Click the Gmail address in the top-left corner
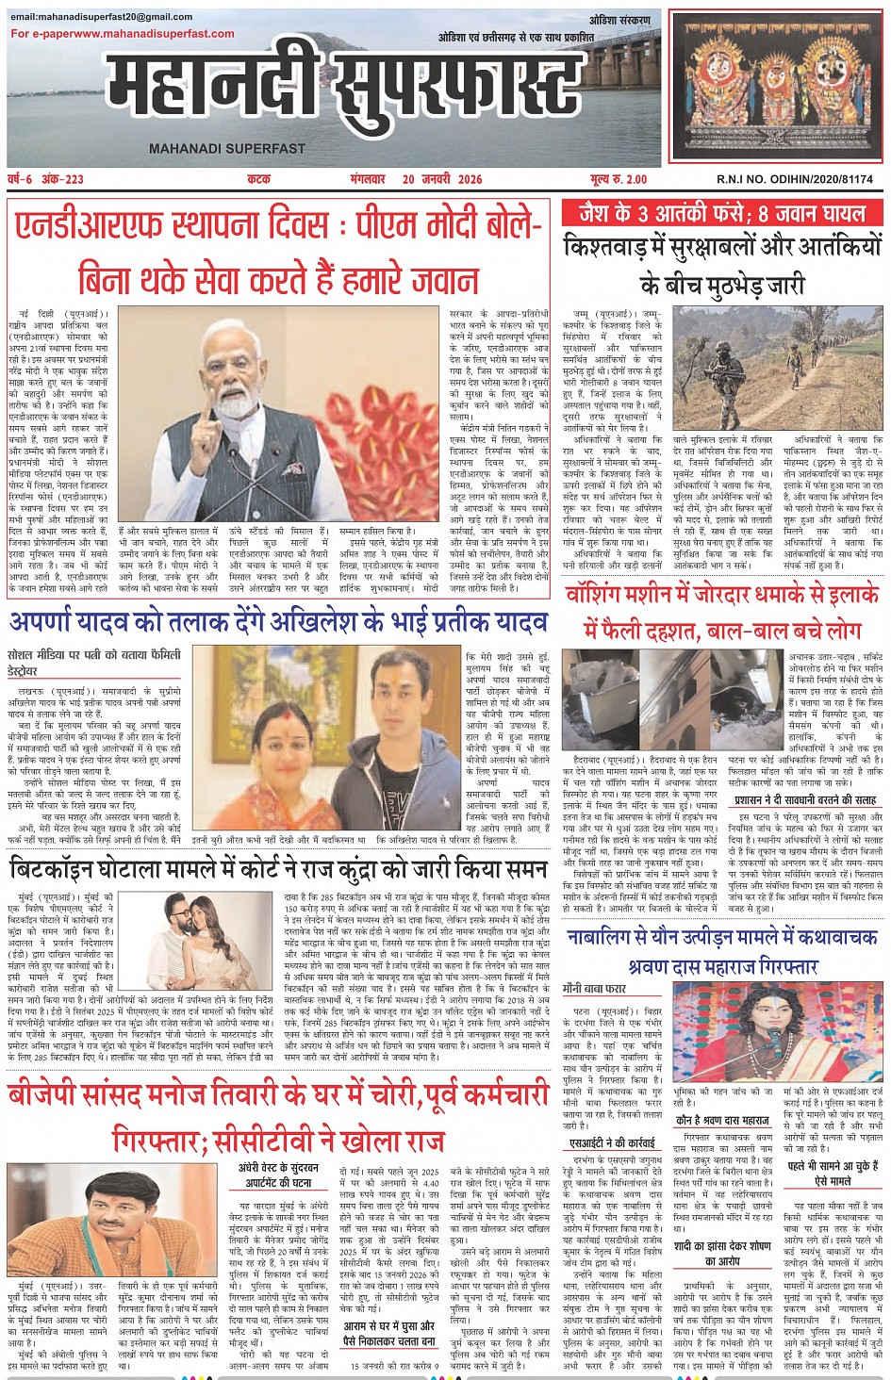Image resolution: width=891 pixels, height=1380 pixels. pyautogui.click(x=102, y=17)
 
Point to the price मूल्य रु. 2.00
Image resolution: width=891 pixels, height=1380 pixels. pyautogui.click(x=619, y=179)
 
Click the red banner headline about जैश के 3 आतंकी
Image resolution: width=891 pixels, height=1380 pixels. pyautogui.click(x=722, y=213)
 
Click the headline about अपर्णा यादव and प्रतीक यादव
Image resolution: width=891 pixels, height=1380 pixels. pyautogui.click(x=278, y=622)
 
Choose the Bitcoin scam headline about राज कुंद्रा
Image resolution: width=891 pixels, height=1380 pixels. pyautogui.click(x=277, y=868)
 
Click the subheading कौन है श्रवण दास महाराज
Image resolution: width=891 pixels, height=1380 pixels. pyautogui.click(x=722, y=1121)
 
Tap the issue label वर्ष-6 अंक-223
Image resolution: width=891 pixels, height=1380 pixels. pyautogui.click(x=45, y=179)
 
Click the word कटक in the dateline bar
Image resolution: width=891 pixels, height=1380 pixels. pyautogui.click(x=258, y=179)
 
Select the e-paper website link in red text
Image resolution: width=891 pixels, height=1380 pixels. pyautogui.click(x=123, y=34)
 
